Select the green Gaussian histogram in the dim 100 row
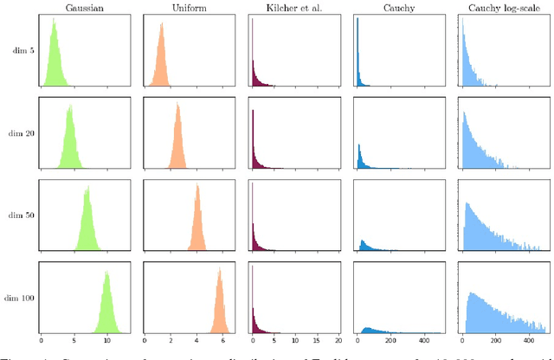[106, 307]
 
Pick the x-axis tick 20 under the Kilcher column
[337, 341]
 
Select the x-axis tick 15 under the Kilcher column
[316, 341]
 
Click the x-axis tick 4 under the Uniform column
[196, 341]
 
